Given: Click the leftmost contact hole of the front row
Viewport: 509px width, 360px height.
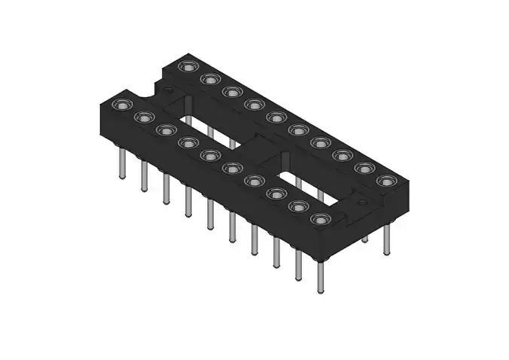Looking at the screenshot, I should click(x=120, y=105).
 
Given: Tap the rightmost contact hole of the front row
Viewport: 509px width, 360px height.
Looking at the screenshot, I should click(x=321, y=220).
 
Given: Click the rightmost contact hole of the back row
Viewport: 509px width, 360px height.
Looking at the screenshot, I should click(x=386, y=181).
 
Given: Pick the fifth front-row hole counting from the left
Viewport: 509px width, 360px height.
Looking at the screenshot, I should click(x=209, y=155).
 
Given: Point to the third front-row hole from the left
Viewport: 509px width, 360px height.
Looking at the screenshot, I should click(x=164, y=130).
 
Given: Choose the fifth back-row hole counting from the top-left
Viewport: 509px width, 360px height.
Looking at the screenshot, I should click(x=276, y=117).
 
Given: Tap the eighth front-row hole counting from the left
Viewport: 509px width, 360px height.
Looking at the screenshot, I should click(x=276, y=194).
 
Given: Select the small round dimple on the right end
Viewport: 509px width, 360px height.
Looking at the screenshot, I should click(x=361, y=203).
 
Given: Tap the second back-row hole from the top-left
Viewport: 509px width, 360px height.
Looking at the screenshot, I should click(x=210, y=79).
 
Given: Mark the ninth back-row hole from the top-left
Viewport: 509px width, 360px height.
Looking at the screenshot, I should click(x=364, y=168).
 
